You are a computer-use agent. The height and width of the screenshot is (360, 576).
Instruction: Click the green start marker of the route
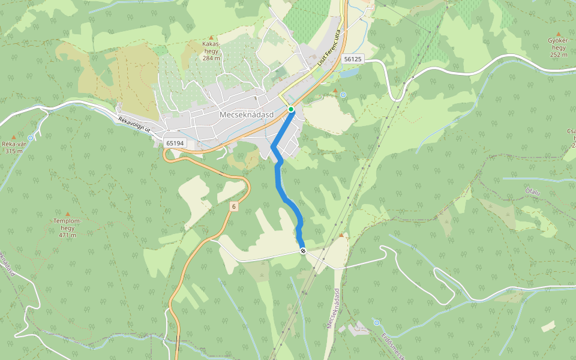[x=291, y=109]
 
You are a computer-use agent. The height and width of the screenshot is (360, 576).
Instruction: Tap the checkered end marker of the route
[x=304, y=251]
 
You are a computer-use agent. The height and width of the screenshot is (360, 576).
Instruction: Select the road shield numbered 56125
[x=353, y=59]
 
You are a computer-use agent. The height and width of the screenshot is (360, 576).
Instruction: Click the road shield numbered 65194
[x=174, y=143]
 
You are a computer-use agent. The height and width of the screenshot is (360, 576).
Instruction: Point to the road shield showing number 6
[x=233, y=206]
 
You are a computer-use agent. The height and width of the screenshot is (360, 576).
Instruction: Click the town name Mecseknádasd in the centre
[x=247, y=115]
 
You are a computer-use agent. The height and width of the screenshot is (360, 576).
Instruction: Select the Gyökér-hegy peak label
[x=558, y=47]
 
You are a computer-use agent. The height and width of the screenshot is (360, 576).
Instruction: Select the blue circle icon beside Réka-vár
[x=31, y=138]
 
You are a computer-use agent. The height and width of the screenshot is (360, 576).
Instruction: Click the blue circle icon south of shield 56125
[x=343, y=95]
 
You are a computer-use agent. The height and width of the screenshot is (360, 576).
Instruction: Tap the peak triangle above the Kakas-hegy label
[x=211, y=38]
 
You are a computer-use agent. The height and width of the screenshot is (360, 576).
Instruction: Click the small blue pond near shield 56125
[x=350, y=73]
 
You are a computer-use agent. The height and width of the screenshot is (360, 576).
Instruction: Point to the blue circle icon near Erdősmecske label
[x=376, y=323]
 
